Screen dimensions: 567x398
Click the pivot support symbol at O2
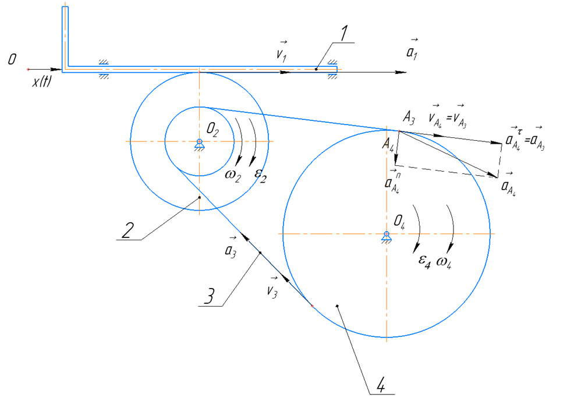point(199,144)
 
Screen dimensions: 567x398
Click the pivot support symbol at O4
point(387,237)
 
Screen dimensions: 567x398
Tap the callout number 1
point(344,33)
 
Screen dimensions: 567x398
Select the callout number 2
point(127,230)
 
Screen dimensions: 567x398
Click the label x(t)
point(41,81)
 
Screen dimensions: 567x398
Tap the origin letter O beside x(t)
point(12,59)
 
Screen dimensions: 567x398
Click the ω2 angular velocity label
point(232,176)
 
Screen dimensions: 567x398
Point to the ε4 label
point(425,261)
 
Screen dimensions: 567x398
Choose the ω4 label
point(444,262)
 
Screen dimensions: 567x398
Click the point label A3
point(409,118)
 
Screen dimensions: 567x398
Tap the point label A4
point(388,145)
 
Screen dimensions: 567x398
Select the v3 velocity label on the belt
point(272,288)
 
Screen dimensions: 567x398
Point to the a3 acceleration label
point(231,247)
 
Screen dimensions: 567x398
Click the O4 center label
point(399,221)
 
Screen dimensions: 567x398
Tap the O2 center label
point(212,130)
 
